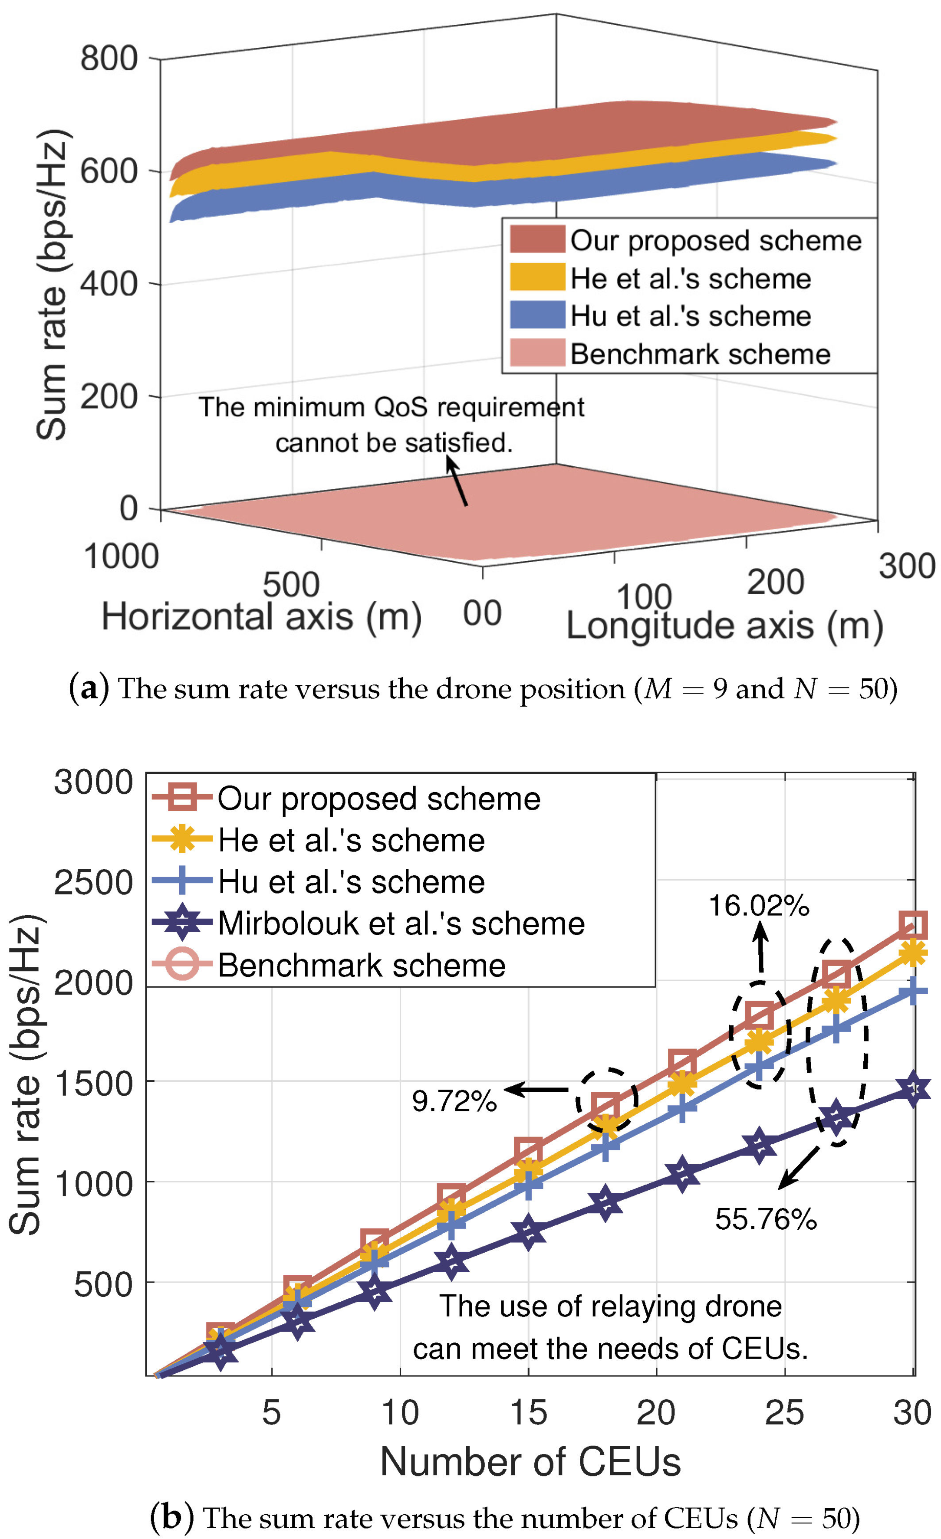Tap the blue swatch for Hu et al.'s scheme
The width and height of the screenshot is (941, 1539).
[537, 315]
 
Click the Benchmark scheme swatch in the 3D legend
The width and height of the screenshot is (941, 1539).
[537, 354]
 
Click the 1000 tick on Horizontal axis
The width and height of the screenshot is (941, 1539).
[121, 557]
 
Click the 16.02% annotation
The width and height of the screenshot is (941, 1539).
[759, 906]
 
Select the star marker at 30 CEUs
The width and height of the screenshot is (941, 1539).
[913, 1089]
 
